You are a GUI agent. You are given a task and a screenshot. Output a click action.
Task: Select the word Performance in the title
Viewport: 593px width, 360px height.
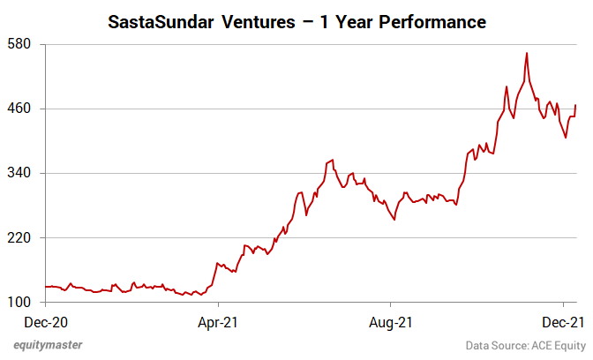pos(432,21)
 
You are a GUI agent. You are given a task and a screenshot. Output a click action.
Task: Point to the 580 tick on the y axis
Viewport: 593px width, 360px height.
pos(21,43)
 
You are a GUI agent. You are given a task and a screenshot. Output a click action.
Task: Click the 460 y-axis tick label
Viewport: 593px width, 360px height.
pos(21,109)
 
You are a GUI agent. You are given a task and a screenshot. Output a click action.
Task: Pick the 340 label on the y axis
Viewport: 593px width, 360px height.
pos(21,173)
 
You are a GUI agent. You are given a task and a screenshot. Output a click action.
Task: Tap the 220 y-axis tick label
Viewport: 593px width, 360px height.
pos(21,238)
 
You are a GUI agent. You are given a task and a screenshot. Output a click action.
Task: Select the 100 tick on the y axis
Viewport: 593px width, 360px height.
pos(21,303)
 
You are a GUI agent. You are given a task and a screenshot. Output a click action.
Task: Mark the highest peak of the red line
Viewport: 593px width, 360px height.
pos(527,53)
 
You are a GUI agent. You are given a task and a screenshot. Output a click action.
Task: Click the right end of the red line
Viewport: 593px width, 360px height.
pos(575,105)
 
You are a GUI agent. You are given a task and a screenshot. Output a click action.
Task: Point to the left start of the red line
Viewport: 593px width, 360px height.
pos(45,287)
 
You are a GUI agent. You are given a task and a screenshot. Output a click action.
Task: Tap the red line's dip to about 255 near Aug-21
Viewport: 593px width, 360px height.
pos(394,220)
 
